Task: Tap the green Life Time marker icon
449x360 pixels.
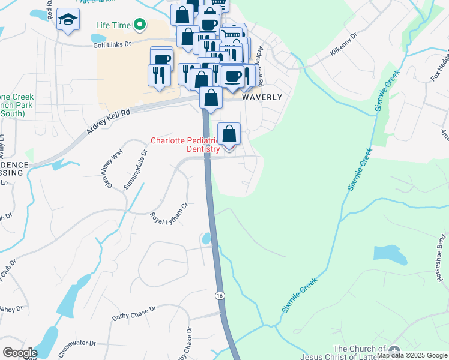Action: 140,25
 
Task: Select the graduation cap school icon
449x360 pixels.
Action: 68,20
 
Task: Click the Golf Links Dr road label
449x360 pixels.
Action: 112,44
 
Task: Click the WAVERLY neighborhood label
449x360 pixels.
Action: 262,97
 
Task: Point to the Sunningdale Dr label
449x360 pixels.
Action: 136,167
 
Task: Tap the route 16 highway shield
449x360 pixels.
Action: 220,295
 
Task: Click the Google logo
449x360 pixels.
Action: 20,353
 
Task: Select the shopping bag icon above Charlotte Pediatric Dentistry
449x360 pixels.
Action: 229,133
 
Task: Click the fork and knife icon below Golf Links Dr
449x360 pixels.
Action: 159,75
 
